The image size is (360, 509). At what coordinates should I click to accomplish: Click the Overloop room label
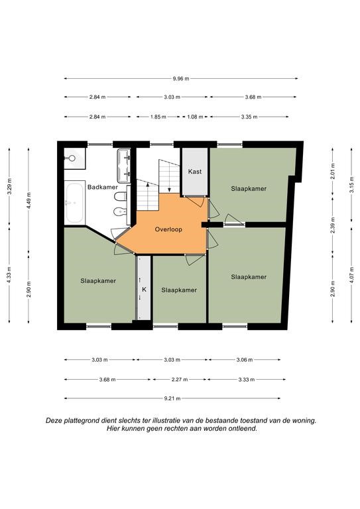click(168, 229)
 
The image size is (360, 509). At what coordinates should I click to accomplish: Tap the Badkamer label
click(103, 187)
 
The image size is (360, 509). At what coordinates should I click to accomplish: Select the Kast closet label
click(195, 172)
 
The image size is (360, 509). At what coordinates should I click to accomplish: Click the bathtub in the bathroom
click(74, 203)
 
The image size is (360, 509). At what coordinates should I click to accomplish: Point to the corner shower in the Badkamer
click(75, 159)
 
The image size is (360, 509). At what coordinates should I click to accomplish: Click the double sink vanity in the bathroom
click(124, 166)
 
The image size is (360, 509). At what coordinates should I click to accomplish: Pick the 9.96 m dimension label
click(181, 78)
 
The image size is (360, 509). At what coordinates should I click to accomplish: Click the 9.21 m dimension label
click(172, 398)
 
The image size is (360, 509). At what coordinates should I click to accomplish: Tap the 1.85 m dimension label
click(158, 117)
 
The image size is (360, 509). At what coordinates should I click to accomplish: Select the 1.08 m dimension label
click(195, 117)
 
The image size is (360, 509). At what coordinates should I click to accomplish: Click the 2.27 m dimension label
click(180, 379)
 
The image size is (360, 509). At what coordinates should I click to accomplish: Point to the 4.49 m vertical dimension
click(29, 201)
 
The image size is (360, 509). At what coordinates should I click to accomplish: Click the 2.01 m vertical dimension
click(333, 172)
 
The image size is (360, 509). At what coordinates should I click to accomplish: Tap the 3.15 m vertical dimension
click(351, 185)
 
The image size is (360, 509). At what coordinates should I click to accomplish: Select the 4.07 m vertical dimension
click(351, 275)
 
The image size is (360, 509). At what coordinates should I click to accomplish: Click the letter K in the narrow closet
click(144, 289)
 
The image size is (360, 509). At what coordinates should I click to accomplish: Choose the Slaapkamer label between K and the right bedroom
click(179, 290)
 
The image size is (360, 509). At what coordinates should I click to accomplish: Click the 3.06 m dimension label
click(245, 360)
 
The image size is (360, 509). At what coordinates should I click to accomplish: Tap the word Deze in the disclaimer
click(54, 420)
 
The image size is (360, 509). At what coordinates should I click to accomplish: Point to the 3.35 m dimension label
click(249, 117)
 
